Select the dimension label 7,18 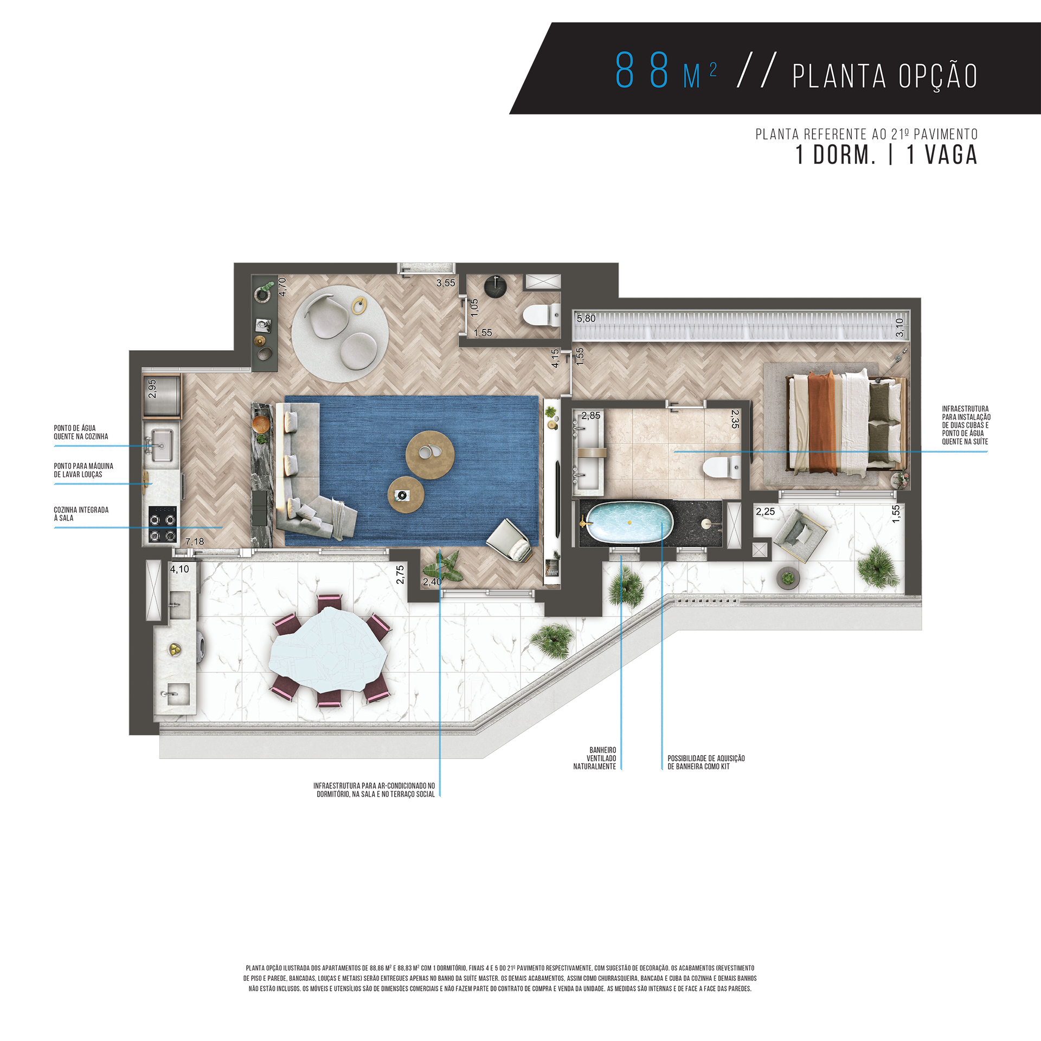click(195, 541)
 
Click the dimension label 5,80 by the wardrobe click(586, 318)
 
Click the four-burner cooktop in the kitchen click(163, 524)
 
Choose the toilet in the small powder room click(542, 315)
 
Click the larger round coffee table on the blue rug click(430, 455)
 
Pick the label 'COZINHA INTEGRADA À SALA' click(81, 513)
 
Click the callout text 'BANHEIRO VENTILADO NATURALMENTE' click(595, 758)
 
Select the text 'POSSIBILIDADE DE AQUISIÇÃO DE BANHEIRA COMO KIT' click(706, 762)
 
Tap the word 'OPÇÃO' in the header click(938, 75)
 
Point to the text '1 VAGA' click(942, 155)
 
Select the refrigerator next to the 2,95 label click(162, 397)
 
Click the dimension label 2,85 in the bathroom click(590, 415)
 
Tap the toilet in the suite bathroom click(722, 467)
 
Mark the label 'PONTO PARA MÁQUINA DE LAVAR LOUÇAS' click(83, 470)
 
